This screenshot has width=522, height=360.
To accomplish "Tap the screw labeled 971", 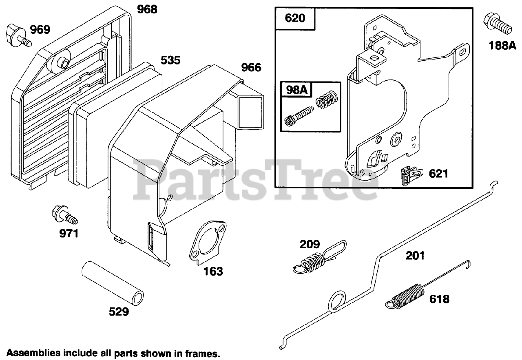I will pos(63,215).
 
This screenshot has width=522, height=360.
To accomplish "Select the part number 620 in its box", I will pos(295,19).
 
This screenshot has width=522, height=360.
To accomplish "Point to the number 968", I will pos(146,9).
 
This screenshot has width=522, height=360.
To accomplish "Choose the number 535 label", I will pos(170,60).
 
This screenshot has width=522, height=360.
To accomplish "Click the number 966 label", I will pos(251,67).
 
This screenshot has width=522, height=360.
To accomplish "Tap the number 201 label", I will pos(415,256).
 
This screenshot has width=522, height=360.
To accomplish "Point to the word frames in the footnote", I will pos(203,353).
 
